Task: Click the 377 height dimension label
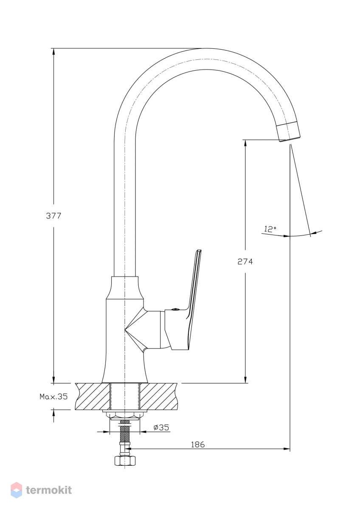pyautogui.click(x=53, y=215)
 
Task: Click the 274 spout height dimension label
pyautogui.click(x=245, y=262)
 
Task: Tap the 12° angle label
pyautogui.click(x=270, y=229)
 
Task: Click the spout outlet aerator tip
pyautogui.click(x=288, y=131)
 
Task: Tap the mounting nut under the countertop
pyautogui.click(x=125, y=414)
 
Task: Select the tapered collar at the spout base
pyautogui.click(x=125, y=288)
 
